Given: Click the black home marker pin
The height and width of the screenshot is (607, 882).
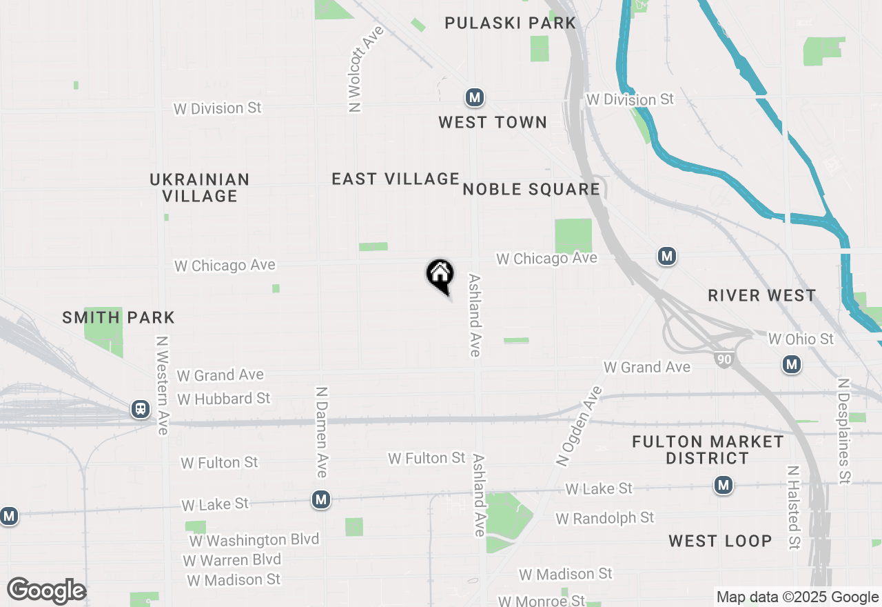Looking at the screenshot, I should pyautogui.click(x=440, y=275).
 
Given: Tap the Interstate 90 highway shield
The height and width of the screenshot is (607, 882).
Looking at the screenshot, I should pyautogui.click(x=724, y=359).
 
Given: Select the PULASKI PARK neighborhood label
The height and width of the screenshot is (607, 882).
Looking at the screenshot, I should pyautogui.click(x=510, y=23).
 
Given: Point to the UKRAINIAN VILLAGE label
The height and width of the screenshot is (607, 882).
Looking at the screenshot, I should pyautogui.click(x=200, y=188).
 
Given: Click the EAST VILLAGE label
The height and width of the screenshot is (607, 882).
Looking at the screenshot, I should pyautogui.click(x=395, y=179).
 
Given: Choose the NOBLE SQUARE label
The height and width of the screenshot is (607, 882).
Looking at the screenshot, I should pyautogui.click(x=531, y=189).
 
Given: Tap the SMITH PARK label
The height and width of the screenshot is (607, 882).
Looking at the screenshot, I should pyautogui.click(x=119, y=318).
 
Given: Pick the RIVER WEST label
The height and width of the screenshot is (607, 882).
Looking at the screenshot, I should pyautogui.click(x=762, y=296).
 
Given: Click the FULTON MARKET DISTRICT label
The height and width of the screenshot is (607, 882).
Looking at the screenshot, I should pyautogui.click(x=708, y=450).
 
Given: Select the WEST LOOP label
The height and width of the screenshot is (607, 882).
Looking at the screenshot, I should pyautogui.click(x=720, y=541).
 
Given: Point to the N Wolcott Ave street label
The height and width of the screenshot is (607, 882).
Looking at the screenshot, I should pyautogui.click(x=356, y=69).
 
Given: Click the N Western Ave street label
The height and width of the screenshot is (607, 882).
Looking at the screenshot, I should pyautogui.click(x=163, y=386).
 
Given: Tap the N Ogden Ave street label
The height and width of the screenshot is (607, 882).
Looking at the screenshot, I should pyautogui.click(x=579, y=426).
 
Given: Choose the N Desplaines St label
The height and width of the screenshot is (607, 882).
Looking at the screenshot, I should pyautogui.click(x=843, y=430).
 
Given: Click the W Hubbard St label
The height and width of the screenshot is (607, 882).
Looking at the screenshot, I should pyautogui.click(x=224, y=399).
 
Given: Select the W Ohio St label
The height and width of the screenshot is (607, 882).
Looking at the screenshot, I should pyautogui.click(x=801, y=339).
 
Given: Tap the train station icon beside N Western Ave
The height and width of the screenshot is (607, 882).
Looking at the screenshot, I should pyautogui.click(x=141, y=410).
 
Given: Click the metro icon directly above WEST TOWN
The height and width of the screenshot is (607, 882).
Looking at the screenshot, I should pyautogui.click(x=473, y=97).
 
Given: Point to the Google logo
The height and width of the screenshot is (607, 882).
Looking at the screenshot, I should pyautogui.click(x=46, y=591).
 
